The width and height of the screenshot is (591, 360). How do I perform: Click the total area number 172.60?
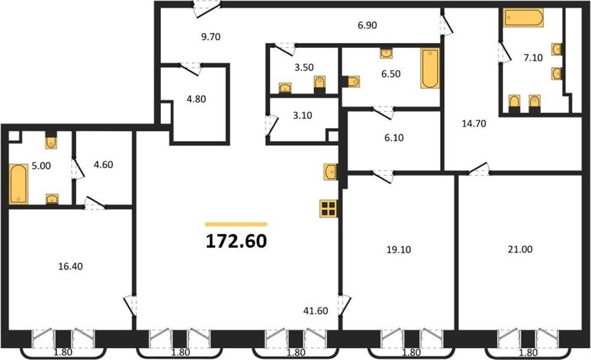click(236, 241)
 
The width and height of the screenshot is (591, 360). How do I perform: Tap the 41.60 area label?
click(315, 311)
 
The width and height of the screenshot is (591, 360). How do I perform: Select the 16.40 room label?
click(70, 267)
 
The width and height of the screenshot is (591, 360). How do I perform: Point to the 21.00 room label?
click(520, 249)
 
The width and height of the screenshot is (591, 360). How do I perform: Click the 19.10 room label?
click(399, 250)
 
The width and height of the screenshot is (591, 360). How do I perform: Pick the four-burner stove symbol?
click(328, 208)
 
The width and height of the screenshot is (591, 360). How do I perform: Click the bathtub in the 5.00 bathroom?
click(18, 183)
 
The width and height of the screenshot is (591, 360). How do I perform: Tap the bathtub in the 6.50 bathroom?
click(430, 68)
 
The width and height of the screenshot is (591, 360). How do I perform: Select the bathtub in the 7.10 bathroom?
click(524, 18)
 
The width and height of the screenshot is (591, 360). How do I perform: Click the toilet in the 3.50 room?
click(320, 85)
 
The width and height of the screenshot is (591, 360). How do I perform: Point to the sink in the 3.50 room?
click(285, 88)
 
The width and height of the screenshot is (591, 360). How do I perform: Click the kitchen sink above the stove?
click(330, 172)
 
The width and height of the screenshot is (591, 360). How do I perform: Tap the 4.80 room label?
click(196, 99)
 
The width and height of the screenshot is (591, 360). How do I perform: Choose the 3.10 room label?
click(303, 116)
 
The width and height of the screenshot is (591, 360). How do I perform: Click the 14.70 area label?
click(474, 124)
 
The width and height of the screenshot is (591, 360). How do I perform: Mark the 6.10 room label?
click(394, 137)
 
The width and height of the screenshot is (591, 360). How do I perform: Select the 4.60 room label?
click(103, 165)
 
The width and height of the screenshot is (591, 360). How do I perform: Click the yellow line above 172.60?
click(236, 224)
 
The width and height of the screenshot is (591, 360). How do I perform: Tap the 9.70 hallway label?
click(211, 37)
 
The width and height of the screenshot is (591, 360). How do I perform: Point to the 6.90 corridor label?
click(368, 25)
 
